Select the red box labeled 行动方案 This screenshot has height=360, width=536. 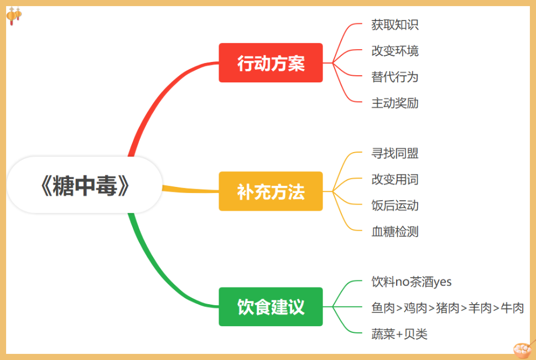click(270, 63)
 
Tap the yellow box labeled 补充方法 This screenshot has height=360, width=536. click(270, 191)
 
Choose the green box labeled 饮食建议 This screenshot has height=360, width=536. click(270, 306)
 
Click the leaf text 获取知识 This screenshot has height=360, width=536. click(395, 24)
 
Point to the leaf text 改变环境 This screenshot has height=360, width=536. click(395, 51)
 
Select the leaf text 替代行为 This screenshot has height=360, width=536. click(395, 77)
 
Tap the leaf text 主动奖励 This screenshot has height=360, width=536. click(395, 103)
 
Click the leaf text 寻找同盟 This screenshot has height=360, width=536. click(395, 153)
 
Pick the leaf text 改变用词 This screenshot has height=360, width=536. click(395, 179)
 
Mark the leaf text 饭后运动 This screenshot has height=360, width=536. click(395, 206)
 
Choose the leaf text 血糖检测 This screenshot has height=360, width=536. click(395, 232)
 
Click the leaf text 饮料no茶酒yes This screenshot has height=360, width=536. click(412, 282)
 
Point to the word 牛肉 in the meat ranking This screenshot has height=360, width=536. click(512, 308)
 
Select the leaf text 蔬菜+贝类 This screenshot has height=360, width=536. click(399, 334)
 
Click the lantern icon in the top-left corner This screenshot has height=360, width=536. click(14, 15)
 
